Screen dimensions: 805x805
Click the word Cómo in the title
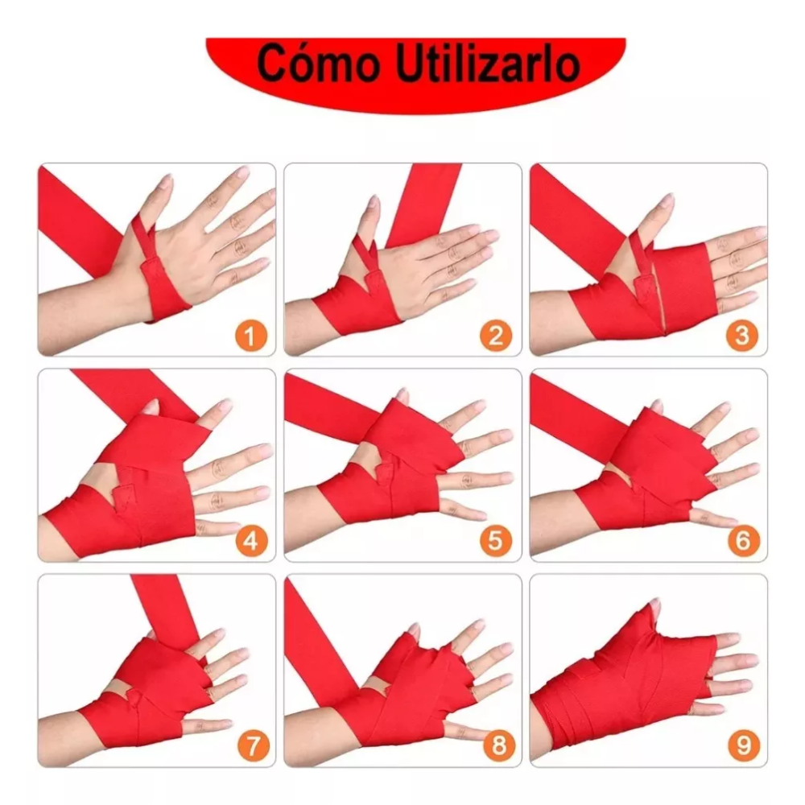tap(318, 64)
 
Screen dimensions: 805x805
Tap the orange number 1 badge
tap(251, 336)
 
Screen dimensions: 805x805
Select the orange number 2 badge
tap(496, 336)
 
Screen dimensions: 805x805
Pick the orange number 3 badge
tap(742, 336)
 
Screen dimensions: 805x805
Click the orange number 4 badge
tap(251, 541)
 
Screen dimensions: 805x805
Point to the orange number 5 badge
tap(496, 541)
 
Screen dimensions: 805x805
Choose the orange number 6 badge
tap(742, 541)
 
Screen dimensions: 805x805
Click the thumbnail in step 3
tap(667, 200)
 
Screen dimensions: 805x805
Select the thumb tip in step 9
tap(654, 605)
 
